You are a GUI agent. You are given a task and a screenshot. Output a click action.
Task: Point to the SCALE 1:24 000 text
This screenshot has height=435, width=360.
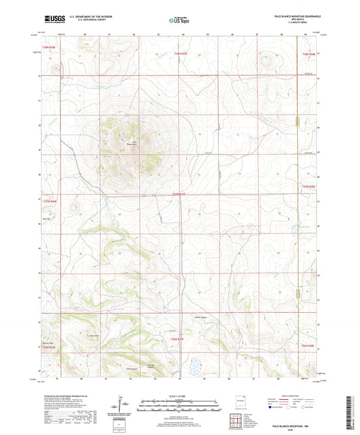pos(179,396)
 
